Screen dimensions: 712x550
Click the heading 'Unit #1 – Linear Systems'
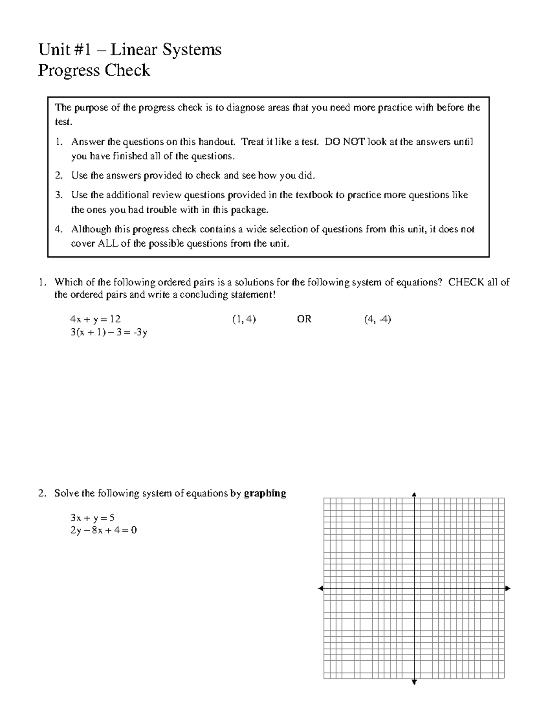click(x=130, y=50)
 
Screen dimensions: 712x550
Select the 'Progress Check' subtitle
click(x=94, y=71)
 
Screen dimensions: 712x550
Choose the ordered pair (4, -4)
click(x=377, y=320)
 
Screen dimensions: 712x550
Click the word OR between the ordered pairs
click(x=304, y=320)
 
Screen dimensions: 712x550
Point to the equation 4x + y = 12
click(x=95, y=320)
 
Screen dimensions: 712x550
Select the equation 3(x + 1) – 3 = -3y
click(x=109, y=332)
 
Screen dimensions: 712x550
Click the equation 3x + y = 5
click(x=92, y=518)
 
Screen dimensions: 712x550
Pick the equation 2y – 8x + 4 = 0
click(x=104, y=530)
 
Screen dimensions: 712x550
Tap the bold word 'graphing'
click(x=265, y=493)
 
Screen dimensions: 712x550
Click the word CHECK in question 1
click(x=466, y=282)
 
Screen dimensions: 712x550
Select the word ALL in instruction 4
click(x=108, y=243)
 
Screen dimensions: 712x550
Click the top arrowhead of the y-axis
click(x=414, y=494)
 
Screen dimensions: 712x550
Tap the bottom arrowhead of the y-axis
click(x=414, y=683)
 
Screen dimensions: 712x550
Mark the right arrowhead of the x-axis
click(x=508, y=588)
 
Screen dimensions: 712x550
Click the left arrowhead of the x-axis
click(x=320, y=588)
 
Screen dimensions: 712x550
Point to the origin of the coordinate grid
click(x=414, y=588)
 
